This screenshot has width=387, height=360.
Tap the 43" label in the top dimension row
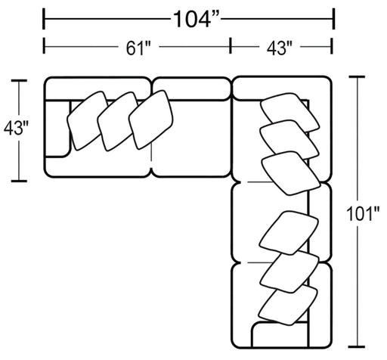280,48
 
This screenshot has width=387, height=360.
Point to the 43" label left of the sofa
16,128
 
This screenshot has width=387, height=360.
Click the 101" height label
363,214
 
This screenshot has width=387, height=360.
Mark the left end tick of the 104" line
44,19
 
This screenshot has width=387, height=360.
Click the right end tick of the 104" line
334,19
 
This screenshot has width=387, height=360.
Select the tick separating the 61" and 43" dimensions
231,45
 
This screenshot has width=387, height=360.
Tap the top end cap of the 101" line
357,76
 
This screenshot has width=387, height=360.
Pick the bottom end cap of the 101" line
357,346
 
